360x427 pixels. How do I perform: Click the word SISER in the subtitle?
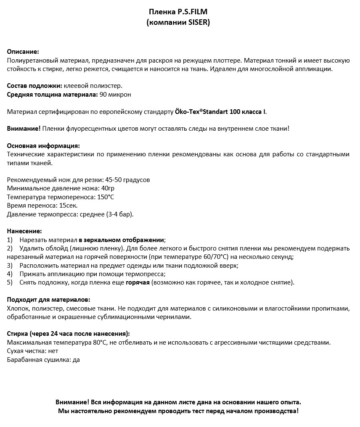198,22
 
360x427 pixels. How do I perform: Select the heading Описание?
23,52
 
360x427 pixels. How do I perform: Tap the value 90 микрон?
115,95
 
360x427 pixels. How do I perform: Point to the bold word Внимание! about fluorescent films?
24,129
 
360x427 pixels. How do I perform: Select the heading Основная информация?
43,146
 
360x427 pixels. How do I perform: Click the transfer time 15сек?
69,206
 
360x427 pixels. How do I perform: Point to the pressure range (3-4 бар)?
120,214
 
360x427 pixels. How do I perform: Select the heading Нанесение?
24,231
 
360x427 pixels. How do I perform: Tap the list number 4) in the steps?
10,274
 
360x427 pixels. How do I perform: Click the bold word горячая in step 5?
138,282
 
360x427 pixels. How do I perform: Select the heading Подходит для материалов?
48,300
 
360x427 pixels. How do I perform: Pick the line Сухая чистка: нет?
32,351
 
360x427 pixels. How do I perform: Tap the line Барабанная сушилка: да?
43,360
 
